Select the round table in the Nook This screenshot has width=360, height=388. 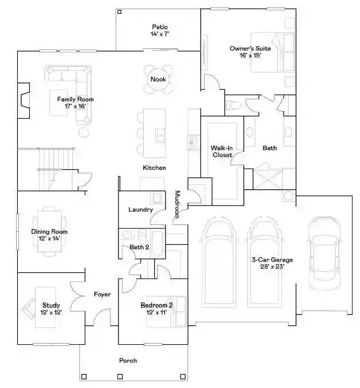coord(158,79)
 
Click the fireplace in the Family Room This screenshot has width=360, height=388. coord(24,101)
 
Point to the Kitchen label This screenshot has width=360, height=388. coord(154,168)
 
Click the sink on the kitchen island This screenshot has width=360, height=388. coord(160,135)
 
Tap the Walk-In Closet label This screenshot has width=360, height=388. coord(222,151)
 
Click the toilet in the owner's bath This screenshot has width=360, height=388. coord(233,105)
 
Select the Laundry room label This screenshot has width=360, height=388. coord(141,210)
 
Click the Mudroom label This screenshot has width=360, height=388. coord(177,204)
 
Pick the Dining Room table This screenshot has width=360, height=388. coord(49,231)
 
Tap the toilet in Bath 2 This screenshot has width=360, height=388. coord(142,237)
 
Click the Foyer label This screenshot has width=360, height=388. coord(102,294)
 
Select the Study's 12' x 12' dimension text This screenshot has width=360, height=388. coord(51,312)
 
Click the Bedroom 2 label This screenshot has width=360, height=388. coord(157,305)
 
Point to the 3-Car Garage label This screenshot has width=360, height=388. coord(272,260)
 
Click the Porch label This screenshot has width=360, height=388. coord(128,360)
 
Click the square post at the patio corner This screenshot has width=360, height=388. coord(120,12)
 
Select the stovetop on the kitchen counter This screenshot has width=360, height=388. coord(193,143)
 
